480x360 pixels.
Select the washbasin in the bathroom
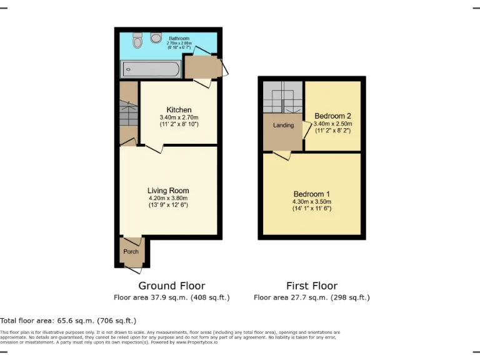137,41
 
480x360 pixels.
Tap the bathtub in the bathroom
151,69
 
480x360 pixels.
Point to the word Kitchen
179,110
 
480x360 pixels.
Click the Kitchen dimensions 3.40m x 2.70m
179,117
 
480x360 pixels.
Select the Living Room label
168,191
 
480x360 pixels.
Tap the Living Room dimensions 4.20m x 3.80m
168,198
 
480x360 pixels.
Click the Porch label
131,252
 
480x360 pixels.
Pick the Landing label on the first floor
283,126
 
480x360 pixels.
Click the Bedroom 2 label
332,116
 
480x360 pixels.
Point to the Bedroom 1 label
311,194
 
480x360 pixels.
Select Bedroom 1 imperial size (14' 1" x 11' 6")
311,208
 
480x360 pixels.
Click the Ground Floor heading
171,286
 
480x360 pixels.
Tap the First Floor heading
311,286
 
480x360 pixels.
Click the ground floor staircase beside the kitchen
129,114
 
